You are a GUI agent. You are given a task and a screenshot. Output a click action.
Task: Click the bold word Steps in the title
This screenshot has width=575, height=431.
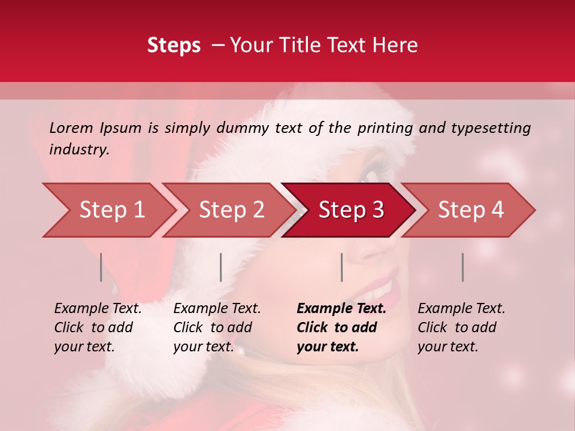[x=174, y=45]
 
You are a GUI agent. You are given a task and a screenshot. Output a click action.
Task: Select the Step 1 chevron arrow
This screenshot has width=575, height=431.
[x=108, y=210]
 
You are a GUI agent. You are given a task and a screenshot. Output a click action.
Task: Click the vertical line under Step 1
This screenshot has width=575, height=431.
[x=101, y=267]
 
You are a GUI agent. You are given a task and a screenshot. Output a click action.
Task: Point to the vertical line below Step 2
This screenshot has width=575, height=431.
[x=221, y=267]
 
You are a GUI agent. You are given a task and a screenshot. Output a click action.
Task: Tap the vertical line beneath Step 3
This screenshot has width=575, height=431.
[x=341, y=267]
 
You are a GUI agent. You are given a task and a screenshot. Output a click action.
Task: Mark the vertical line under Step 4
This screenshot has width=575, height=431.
[x=462, y=267]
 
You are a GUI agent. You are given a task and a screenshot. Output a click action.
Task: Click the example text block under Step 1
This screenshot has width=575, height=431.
[x=98, y=327]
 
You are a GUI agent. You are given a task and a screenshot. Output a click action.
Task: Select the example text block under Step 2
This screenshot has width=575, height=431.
[x=217, y=327]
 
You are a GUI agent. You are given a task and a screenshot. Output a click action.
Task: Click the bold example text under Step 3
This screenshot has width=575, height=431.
[x=341, y=327]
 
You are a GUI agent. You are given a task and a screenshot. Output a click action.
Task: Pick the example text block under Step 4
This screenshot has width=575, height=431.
[x=461, y=327]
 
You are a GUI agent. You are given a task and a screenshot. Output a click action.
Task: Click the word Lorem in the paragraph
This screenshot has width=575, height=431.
[x=71, y=128]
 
